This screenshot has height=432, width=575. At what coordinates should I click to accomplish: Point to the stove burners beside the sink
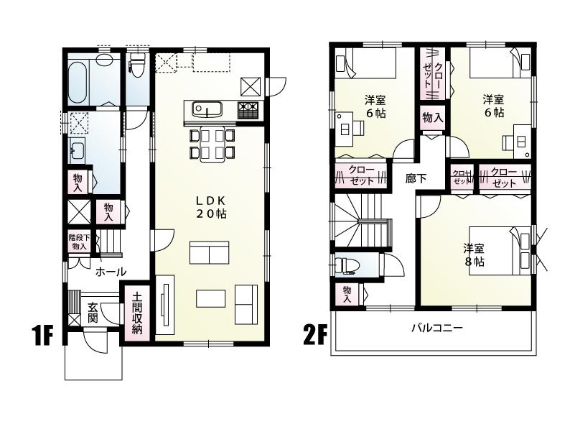tap(248, 110)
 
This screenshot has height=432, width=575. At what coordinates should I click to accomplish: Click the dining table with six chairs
tap(212, 142)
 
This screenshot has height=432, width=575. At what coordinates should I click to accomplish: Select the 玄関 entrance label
tap(93, 313)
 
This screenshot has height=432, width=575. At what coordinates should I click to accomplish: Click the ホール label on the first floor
tap(111, 272)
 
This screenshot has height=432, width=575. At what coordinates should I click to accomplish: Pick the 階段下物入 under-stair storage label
tap(78, 241)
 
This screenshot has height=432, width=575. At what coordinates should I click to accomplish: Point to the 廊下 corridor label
tap(416, 178)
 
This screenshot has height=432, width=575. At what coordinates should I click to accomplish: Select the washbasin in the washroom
tap(77, 152)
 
